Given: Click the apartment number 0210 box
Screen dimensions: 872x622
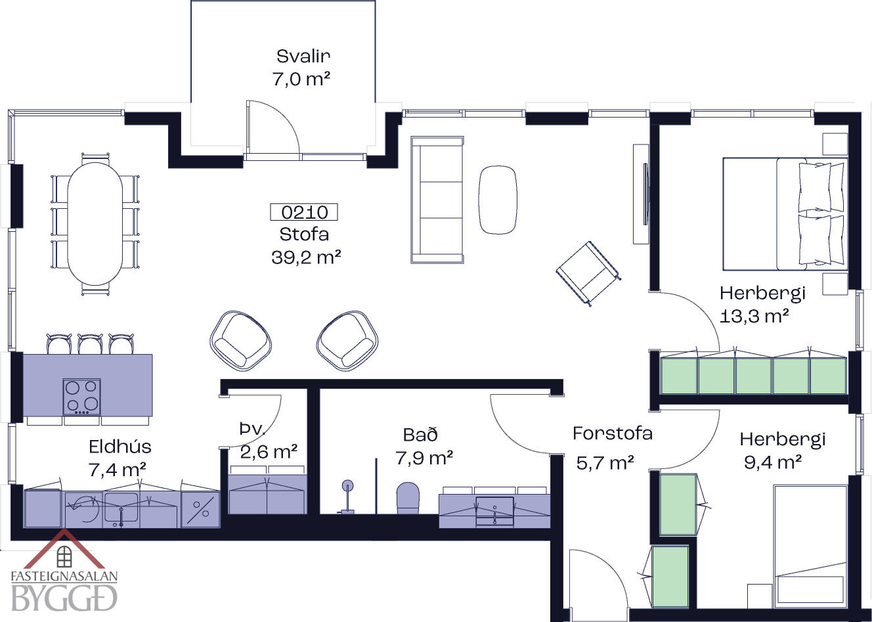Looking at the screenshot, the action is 304,212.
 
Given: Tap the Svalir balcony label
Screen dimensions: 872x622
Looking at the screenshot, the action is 303,56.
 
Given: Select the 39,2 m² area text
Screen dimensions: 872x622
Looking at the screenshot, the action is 306,257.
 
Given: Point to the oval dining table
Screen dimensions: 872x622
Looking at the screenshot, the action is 95,224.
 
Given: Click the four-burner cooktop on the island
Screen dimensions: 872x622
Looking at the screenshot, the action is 81,397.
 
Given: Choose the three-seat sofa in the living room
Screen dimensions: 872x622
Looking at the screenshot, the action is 437,200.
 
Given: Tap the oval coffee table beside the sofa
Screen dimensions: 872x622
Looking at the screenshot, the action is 498,200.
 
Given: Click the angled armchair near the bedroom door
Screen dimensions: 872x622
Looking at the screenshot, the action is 588,273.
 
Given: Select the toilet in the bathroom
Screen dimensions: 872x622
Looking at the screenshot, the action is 408,498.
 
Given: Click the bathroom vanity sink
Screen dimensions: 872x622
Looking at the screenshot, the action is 495,511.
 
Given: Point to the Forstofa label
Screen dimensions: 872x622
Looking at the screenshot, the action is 613,434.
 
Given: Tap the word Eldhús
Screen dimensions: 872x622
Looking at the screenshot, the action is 120,447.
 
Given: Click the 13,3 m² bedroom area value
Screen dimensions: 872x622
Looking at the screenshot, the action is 754,317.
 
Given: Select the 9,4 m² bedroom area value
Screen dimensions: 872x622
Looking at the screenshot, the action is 773,462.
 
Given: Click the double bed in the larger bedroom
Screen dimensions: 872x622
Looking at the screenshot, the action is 785,214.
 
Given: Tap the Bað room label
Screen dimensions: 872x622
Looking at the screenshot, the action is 420,435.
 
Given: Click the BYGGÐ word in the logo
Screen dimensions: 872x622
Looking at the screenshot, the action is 64,598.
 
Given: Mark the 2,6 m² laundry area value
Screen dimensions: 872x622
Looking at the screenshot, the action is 269,452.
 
